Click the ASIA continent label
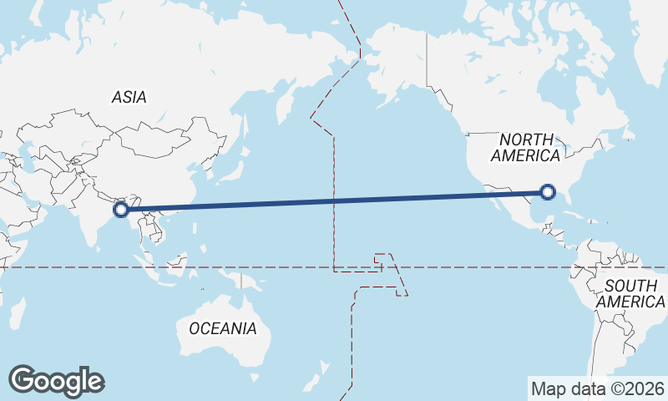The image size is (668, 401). [x=129, y=97]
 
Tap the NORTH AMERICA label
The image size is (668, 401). [x=525, y=148]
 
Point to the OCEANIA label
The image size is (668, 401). [x=223, y=327]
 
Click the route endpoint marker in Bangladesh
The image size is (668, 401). [x=121, y=208]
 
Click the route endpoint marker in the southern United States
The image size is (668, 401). [x=548, y=192]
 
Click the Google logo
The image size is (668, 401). [x=56, y=381]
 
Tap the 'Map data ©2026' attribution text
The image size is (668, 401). [x=597, y=388]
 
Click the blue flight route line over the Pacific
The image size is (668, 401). [x=334, y=200]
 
